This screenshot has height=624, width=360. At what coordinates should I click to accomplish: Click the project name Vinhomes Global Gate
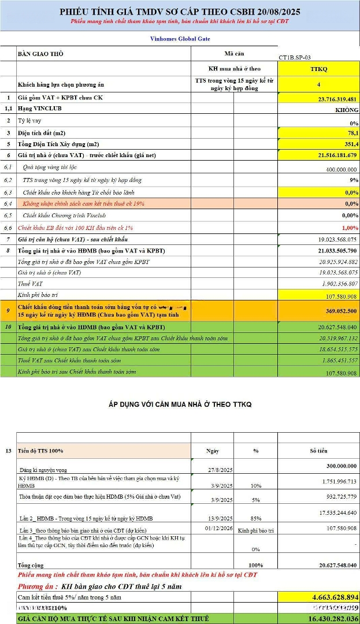[x=179, y=39]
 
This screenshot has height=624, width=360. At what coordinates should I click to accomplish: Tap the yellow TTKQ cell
[x=318, y=69]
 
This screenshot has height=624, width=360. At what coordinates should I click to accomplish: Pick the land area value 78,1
[x=351, y=133]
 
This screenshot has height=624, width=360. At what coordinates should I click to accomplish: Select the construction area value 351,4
[x=349, y=144]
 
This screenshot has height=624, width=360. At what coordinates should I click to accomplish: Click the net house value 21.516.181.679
[x=330, y=155]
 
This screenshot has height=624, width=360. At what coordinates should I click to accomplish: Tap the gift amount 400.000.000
[x=336, y=169]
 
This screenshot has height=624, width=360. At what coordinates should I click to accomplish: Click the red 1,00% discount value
[x=349, y=227]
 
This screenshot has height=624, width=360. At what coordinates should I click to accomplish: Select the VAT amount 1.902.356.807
[x=333, y=284]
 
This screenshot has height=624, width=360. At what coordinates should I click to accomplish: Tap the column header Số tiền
[x=318, y=451]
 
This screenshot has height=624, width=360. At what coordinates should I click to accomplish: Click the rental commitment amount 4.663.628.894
[x=326, y=597]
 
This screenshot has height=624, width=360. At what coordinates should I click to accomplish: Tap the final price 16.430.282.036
[x=326, y=619]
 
